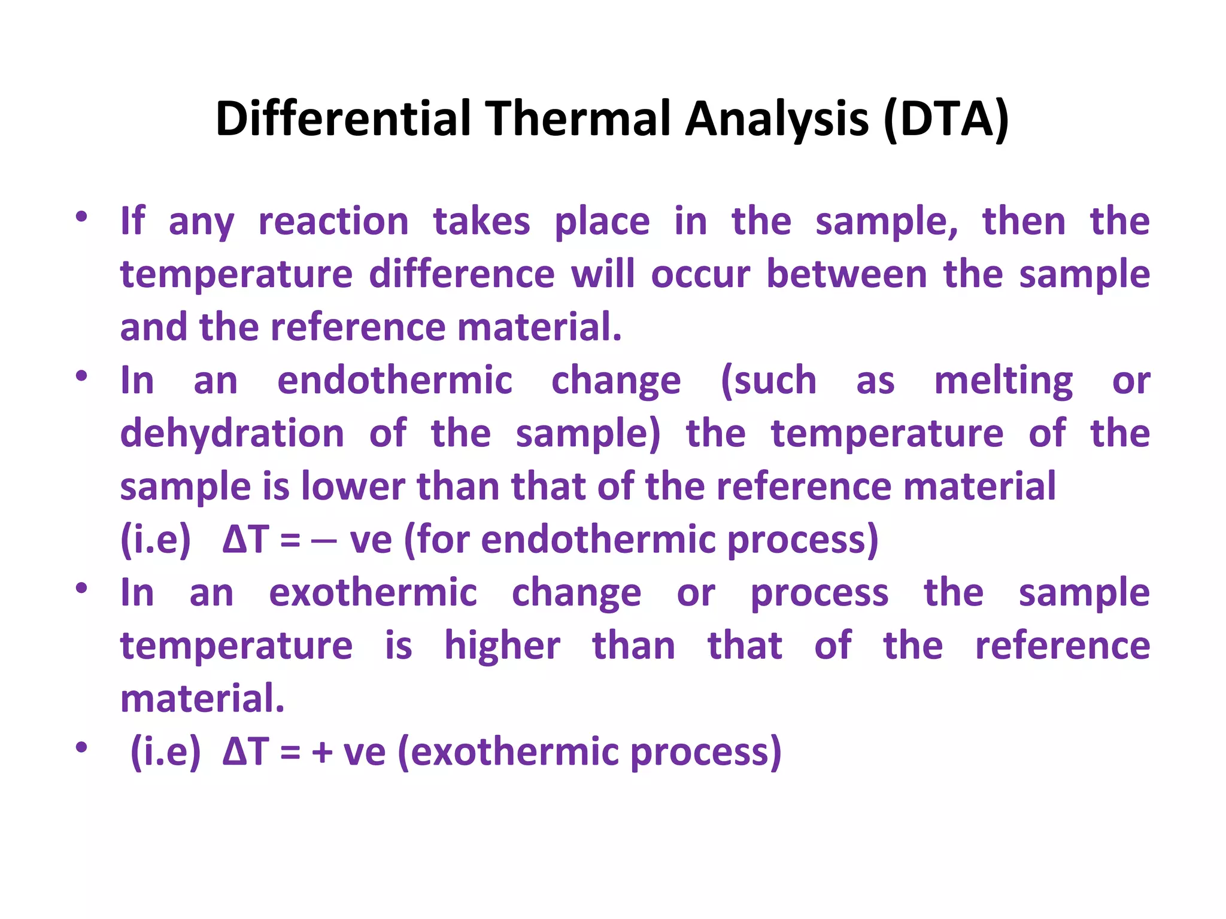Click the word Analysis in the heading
776,119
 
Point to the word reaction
333,222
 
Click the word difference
462,275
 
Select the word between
846,275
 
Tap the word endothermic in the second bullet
394,381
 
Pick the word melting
1003,382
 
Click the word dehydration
232,434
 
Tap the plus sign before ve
321,753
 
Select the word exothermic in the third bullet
373,593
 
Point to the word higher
502,646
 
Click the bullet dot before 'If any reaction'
81,217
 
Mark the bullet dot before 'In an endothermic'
81,376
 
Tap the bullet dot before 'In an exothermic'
81,588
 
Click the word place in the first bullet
602,222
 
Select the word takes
481,222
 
